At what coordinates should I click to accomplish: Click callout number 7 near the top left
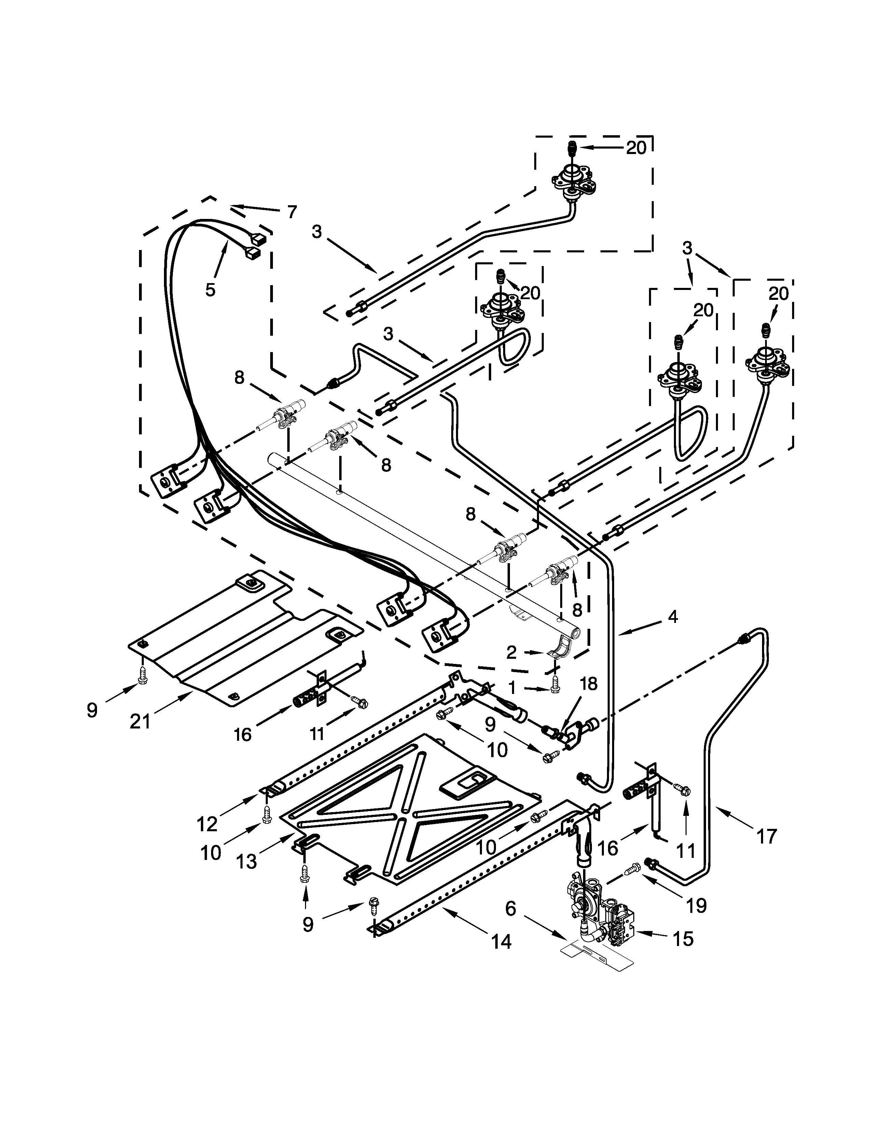[292, 212]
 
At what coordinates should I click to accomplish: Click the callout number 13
[247, 860]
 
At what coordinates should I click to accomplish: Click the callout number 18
[589, 683]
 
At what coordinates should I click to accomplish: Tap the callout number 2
[511, 653]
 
